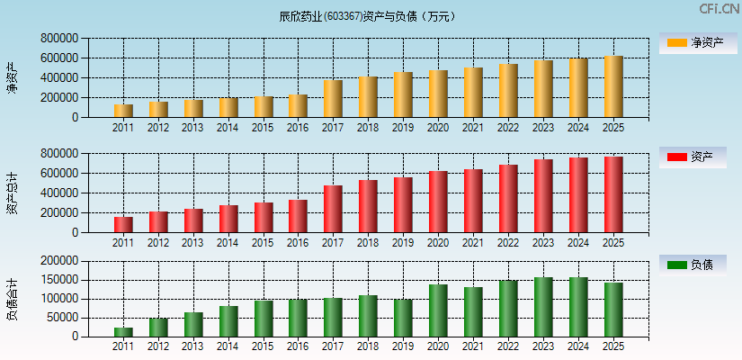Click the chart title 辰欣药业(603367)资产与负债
click(x=368, y=16)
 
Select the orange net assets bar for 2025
click(x=612, y=86)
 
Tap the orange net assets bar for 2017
click(x=333, y=99)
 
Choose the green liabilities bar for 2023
click(x=543, y=307)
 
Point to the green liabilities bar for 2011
click(x=123, y=332)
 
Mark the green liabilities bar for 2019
click(x=403, y=318)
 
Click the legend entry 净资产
click(x=697, y=42)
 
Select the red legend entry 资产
click(x=697, y=157)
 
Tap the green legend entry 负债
click(x=697, y=265)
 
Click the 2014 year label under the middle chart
click(x=228, y=243)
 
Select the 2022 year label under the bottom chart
click(x=508, y=346)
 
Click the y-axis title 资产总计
click(x=12, y=193)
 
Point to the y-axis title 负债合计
click(x=12, y=300)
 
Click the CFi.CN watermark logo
click(x=720, y=9)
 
